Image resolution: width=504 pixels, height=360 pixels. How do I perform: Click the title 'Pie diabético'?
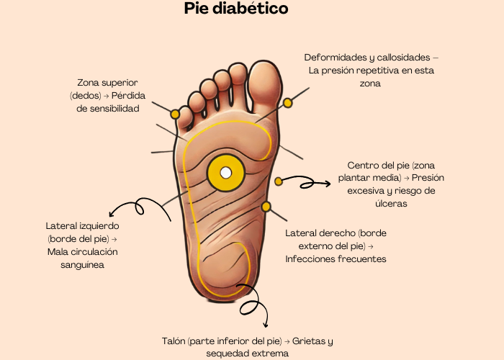235,10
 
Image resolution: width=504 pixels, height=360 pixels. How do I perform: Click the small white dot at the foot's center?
225,173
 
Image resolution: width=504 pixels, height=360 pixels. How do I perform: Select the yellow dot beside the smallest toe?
175,114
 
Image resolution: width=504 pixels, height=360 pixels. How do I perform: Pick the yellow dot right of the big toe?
288,103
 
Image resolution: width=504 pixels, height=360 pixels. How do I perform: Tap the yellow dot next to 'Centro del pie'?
279,181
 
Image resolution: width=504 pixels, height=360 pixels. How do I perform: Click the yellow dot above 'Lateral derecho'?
266,207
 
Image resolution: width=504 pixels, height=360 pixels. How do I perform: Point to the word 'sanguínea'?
82,264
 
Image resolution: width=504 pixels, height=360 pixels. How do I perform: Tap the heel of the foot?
223,277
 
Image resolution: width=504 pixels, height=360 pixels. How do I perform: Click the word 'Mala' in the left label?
59,251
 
